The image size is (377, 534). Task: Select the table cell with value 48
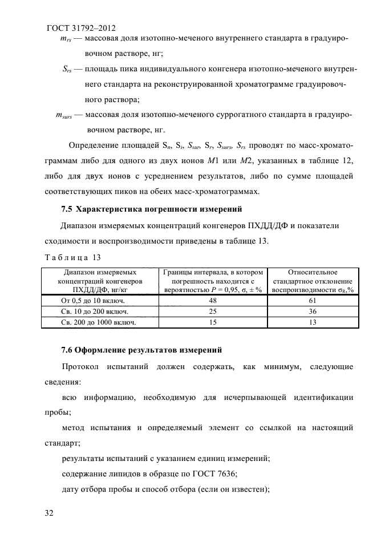(x=213, y=300)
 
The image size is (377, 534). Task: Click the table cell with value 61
(x=312, y=300)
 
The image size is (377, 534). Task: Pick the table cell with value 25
(x=213, y=311)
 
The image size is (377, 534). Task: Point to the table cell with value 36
(x=312, y=311)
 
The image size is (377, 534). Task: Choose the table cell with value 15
(x=213, y=323)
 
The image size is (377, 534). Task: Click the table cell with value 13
(x=312, y=323)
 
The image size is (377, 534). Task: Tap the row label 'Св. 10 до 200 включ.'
(x=94, y=311)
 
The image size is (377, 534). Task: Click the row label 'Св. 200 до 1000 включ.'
(x=98, y=323)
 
